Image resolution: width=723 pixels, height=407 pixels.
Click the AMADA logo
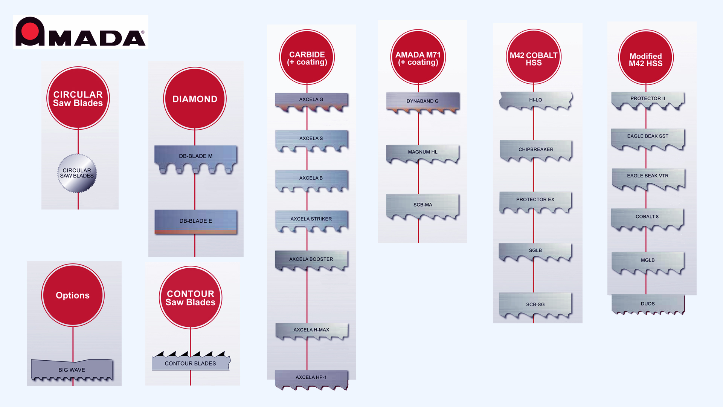tap(80, 32)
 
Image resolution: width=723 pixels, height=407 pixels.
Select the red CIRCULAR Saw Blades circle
tap(78, 98)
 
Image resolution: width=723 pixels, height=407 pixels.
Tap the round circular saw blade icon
tap(77, 173)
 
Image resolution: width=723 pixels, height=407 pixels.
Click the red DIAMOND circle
tap(195, 99)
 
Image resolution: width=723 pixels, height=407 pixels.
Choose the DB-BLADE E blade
tap(195, 221)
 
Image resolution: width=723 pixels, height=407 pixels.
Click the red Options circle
tap(73, 295)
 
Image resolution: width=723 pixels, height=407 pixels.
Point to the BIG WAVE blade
tap(72, 370)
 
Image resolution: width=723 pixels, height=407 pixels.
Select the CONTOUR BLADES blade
tap(191, 363)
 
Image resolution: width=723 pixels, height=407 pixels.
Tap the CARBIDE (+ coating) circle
tap(307, 58)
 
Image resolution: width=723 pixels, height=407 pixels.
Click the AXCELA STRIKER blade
tap(311, 220)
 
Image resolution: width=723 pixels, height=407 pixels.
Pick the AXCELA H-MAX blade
tap(311, 330)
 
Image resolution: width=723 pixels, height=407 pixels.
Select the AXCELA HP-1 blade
tap(311, 378)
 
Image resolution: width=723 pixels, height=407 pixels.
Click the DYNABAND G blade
tap(423, 102)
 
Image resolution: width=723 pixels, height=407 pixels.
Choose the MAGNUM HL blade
tap(423, 153)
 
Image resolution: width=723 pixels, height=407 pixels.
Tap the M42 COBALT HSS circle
tap(534, 57)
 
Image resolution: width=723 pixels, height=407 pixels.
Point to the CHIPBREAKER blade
tap(535, 150)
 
